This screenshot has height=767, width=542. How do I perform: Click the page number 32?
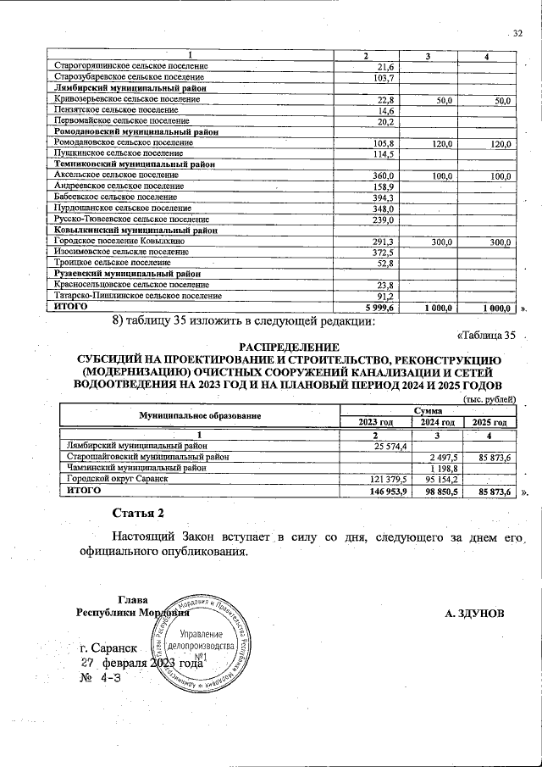[x=518, y=33]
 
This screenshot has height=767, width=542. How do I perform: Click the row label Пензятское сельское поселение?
[x=107, y=110]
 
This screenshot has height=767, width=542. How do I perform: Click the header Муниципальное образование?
[x=199, y=416]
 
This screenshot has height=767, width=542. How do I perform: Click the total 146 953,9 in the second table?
[x=388, y=491]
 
